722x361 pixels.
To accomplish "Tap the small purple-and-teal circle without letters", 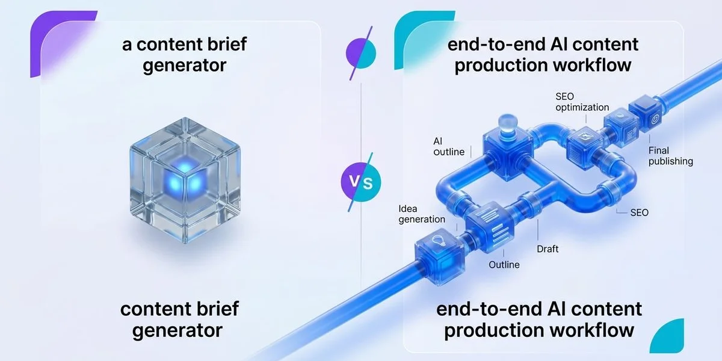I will tap(361, 54).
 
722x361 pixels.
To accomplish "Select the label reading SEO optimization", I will tap(582, 102).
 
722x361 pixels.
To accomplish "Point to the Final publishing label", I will tap(670, 156).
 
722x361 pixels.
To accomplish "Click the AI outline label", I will tap(449, 146).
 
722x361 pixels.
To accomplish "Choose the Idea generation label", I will tap(422, 214).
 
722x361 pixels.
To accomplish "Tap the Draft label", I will tap(548, 249).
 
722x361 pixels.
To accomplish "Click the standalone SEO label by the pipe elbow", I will tap(639, 213).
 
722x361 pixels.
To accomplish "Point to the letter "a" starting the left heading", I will tap(127, 45).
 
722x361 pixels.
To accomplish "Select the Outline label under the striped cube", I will tap(504, 265).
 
